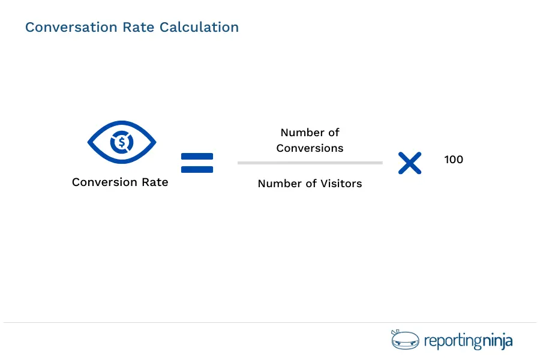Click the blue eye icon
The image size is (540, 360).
pos(122,143)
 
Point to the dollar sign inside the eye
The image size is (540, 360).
pos(122,143)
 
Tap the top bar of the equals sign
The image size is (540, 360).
pos(197,157)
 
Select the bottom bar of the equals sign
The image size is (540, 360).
pos(197,169)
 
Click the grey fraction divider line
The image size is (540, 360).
pos(310,163)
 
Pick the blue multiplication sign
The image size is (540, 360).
pos(410,163)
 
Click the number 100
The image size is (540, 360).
pos(454,160)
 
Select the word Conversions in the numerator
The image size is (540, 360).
pos(310,148)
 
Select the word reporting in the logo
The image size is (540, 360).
pos(452,342)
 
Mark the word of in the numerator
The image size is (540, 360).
pos(334,133)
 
